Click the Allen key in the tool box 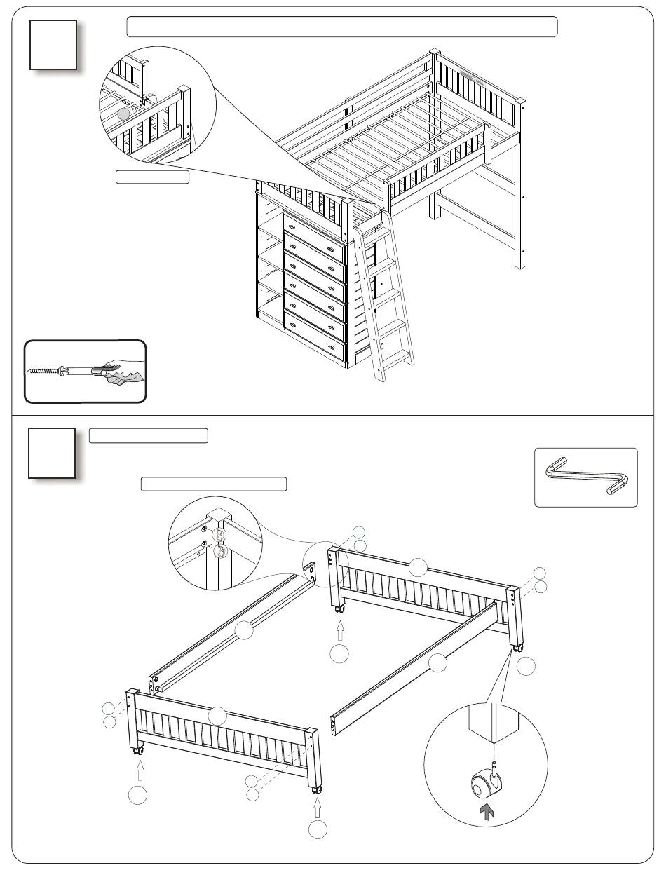(585, 477)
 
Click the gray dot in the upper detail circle (123, 113)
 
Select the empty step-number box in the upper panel (53, 44)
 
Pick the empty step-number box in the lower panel (52, 452)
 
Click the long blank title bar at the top (341, 27)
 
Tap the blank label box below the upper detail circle (152, 177)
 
